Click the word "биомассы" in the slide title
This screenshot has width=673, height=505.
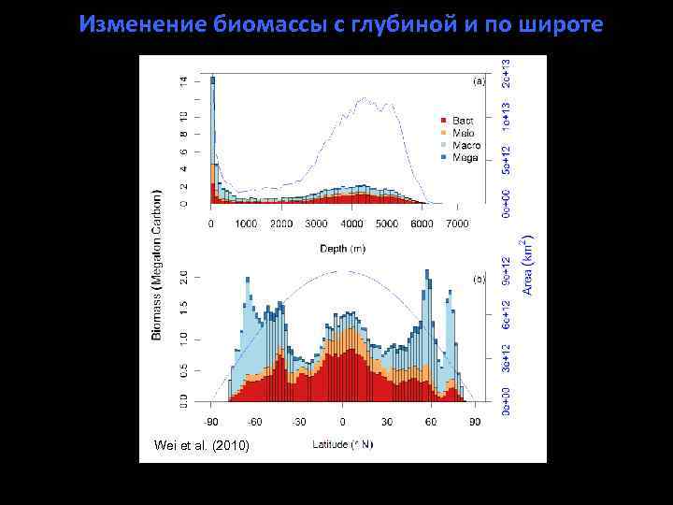point(239,23)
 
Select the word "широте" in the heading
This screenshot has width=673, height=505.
point(565,23)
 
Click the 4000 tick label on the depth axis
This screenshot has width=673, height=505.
point(351,224)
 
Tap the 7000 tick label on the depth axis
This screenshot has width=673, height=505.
point(457,224)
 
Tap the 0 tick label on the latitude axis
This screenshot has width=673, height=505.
point(343,422)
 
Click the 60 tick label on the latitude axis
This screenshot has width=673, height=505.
point(430,422)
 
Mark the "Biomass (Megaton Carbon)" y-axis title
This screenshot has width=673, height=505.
point(157,265)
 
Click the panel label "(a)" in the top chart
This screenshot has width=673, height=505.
point(480,82)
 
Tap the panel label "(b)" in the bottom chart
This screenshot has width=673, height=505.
point(480,280)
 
